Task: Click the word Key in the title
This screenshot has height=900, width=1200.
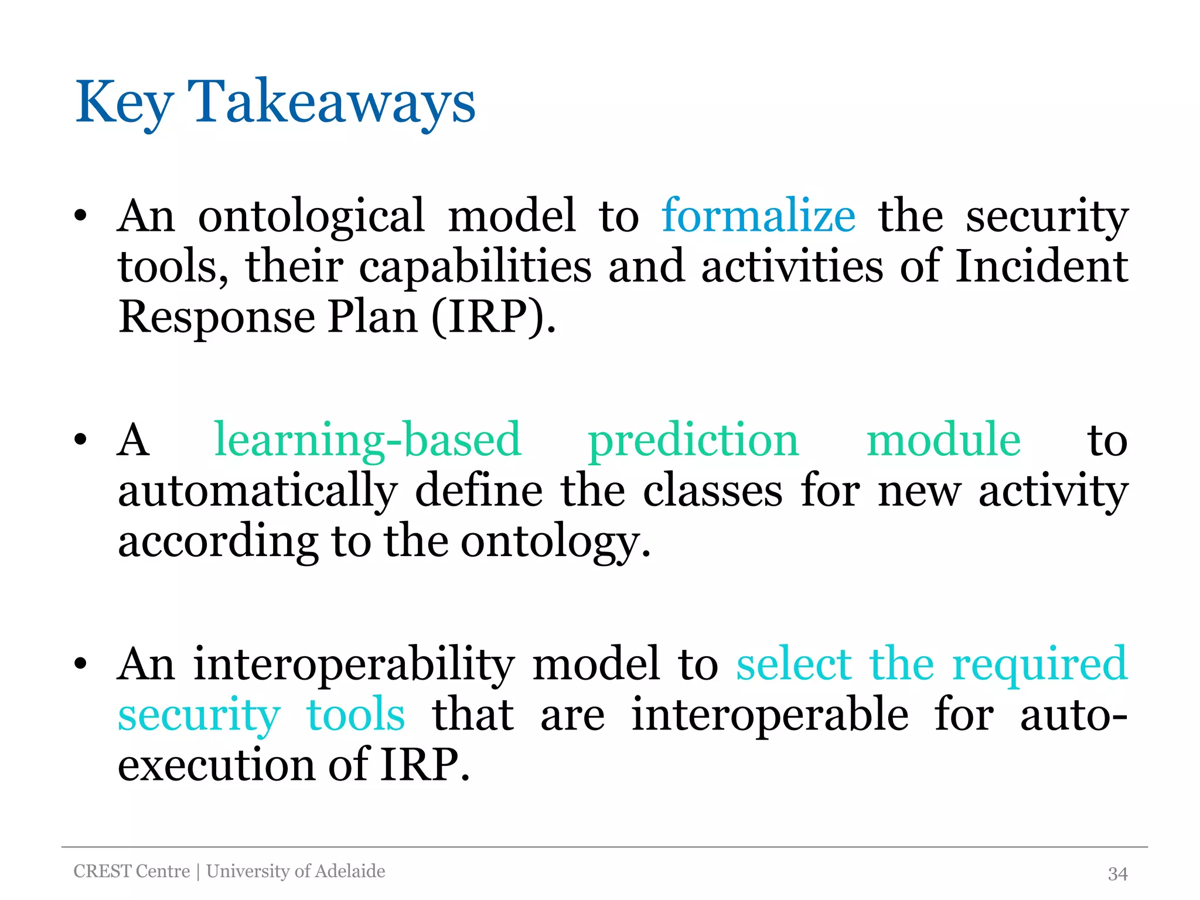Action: [124, 103]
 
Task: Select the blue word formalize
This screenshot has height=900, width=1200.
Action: [758, 216]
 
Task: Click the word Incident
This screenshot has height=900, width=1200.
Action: [1041, 267]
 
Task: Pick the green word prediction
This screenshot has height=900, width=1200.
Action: [693, 441]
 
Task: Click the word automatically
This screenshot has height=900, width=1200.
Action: [258, 491]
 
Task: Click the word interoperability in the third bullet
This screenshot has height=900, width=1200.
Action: [354, 664]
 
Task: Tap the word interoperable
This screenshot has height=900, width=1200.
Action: [769, 715]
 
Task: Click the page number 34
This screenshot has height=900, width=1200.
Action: [1117, 874]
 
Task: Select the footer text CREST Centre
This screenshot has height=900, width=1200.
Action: [132, 871]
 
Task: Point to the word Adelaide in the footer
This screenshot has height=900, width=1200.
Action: [350, 871]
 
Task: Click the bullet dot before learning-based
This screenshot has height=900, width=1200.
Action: [81, 440]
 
